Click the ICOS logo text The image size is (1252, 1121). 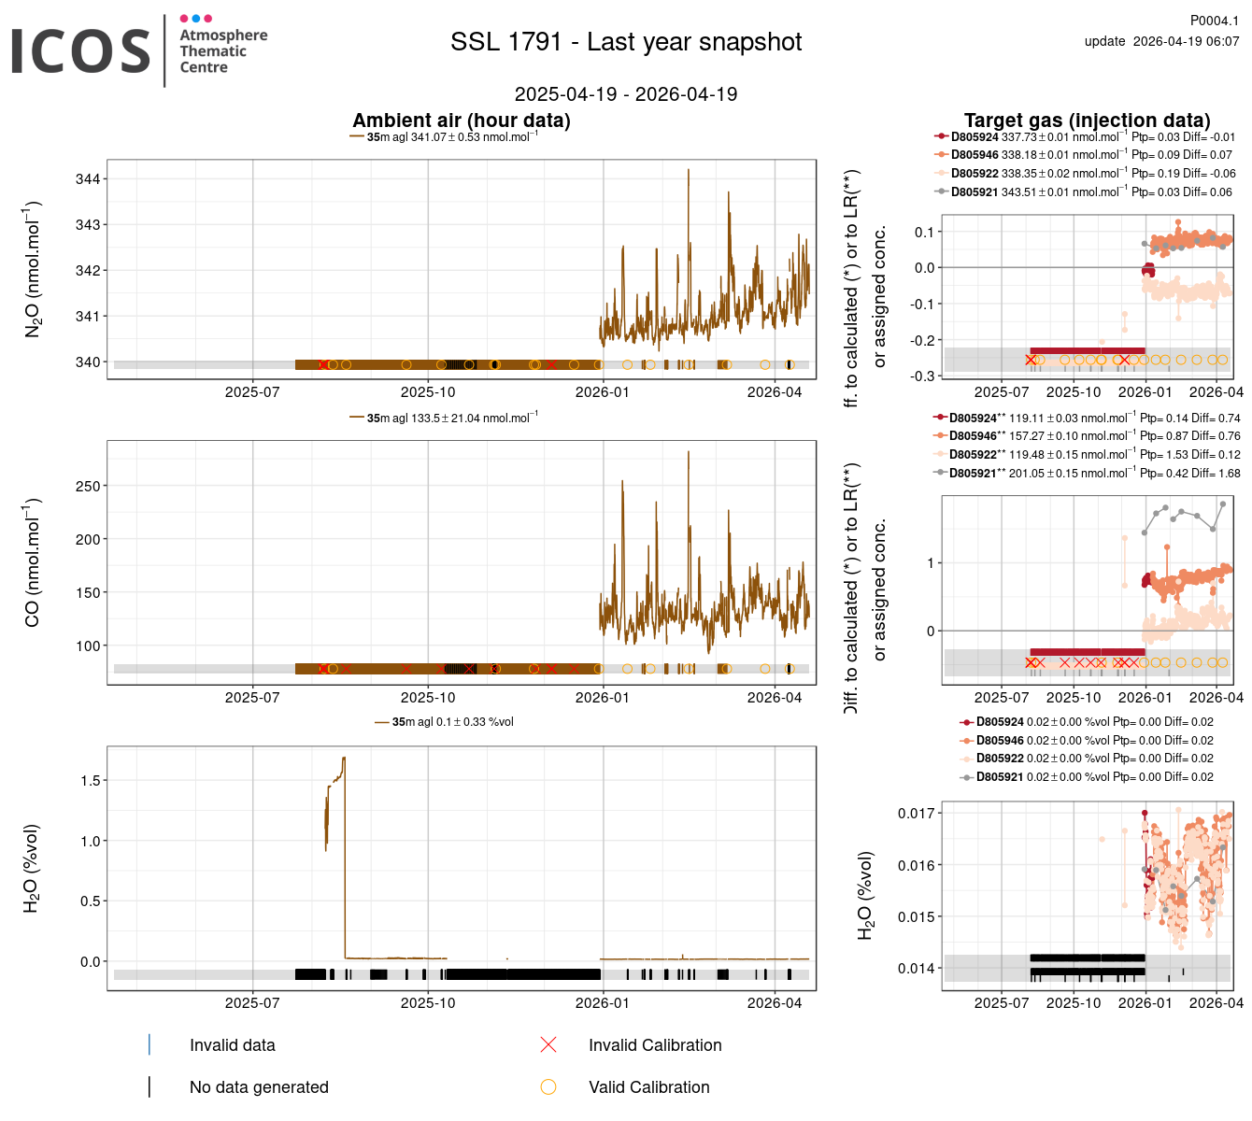pyautogui.click(x=81, y=51)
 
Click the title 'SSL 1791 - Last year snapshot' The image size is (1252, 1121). pyautogui.click(x=626, y=42)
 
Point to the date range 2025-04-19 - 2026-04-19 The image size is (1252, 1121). pyautogui.click(x=626, y=94)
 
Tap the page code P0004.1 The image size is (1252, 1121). pyautogui.click(x=1214, y=21)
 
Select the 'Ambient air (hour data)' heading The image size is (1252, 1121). pyautogui.click(x=462, y=121)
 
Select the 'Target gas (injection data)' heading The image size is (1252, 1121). pyautogui.click(x=1087, y=121)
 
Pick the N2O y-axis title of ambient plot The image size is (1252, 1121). pyautogui.click(x=33, y=269)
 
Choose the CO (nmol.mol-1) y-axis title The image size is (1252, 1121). pyautogui.click(x=33, y=562)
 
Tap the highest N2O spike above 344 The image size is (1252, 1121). pyautogui.click(x=689, y=170)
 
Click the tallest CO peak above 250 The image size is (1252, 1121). pyautogui.click(x=689, y=452)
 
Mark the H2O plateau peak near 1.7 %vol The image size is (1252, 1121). pyautogui.click(x=344, y=759)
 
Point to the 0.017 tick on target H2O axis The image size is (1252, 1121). pyautogui.click(x=916, y=814)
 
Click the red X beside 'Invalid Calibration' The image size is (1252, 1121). pyautogui.click(x=548, y=1045)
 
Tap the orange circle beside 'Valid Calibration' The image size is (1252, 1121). pyautogui.click(x=548, y=1087)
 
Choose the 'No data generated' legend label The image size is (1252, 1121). pyautogui.click(x=259, y=1087)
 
